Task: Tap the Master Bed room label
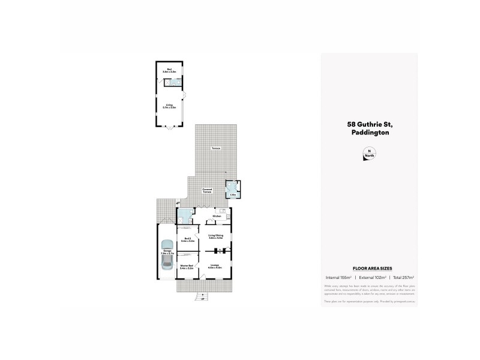click(187, 267)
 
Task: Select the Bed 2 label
click(187, 239)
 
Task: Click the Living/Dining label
click(215, 236)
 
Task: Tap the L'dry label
click(232, 194)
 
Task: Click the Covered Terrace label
click(207, 190)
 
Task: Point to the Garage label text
click(167, 253)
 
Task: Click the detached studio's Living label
click(170, 106)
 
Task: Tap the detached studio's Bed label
click(169, 70)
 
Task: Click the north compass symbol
click(369, 154)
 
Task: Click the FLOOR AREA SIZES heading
click(368, 269)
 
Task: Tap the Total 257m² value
click(404, 277)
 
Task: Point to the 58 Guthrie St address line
click(369, 124)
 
